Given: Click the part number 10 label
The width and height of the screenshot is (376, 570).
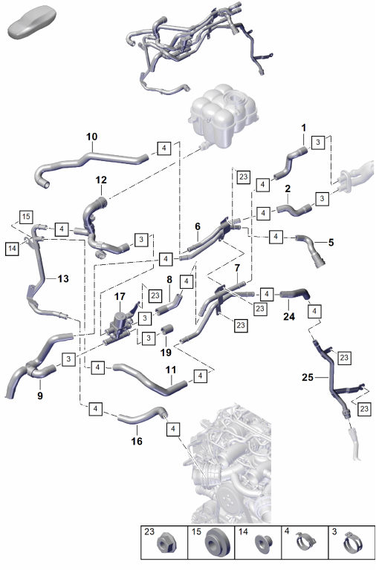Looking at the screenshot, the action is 91,137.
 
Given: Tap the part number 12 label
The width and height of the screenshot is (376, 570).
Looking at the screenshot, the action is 101,180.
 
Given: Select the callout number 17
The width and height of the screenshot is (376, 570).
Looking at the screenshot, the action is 120,296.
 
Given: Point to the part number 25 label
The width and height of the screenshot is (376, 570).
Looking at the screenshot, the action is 308,377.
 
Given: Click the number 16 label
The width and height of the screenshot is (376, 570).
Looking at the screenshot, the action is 137,441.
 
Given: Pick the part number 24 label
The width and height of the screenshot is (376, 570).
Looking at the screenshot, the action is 289,316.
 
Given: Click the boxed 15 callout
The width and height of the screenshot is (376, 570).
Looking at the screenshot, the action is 26,217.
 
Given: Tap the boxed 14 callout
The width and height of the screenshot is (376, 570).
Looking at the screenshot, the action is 12,249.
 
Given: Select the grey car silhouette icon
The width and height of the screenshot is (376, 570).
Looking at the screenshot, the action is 32,22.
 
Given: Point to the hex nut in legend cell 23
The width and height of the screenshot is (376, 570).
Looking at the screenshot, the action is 166,544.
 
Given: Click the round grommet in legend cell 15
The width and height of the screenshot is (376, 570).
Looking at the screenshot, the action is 215,543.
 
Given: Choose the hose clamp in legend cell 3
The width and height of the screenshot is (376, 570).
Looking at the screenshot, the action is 351,543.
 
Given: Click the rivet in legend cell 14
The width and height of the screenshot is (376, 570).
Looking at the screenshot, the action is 261,543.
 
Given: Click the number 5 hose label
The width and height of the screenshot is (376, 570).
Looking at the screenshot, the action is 331,242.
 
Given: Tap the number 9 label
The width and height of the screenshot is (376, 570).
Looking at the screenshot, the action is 40,395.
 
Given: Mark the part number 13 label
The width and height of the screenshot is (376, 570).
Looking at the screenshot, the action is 63,278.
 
